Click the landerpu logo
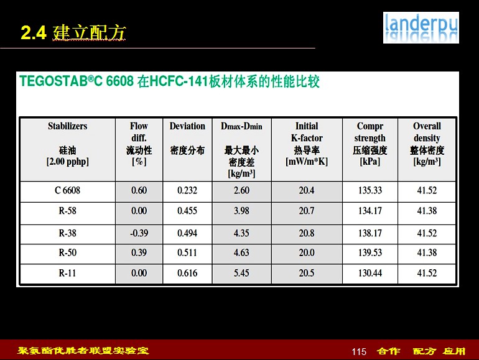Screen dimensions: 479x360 (x=421, y=27)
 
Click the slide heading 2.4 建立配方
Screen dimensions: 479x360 (x=73, y=32)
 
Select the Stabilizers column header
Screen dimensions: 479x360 (x=68, y=144)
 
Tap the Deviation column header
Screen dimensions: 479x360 (x=187, y=138)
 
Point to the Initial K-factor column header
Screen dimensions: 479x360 (x=307, y=144)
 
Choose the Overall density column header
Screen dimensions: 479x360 (x=427, y=144)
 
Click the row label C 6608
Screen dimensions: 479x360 (x=68, y=190)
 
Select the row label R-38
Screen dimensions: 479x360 (x=68, y=233)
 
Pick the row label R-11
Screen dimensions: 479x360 (x=68, y=273)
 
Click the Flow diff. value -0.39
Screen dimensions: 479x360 (x=139, y=233)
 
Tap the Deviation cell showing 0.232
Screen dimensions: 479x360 (x=187, y=190)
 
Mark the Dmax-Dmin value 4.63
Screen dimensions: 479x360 (x=241, y=253)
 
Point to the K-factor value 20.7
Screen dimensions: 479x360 (x=307, y=211)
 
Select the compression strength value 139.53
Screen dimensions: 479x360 (x=370, y=253)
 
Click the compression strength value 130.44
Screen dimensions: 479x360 (x=370, y=273)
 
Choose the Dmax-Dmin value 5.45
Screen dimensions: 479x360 (x=241, y=273)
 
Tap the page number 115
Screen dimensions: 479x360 (x=359, y=352)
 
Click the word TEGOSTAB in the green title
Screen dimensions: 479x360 (x=53, y=81)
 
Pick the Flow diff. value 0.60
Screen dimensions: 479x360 (x=139, y=190)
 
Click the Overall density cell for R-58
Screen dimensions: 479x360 (x=427, y=211)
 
